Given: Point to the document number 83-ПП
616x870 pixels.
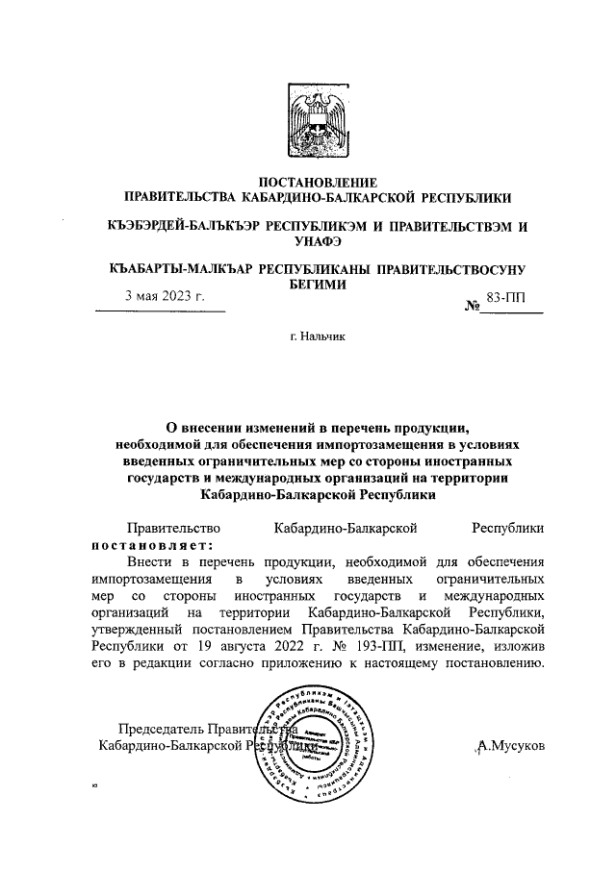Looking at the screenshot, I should tap(507, 298).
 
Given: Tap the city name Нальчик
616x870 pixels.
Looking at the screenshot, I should tap(324, 337).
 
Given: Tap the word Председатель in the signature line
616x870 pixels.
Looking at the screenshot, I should tap(159, 728).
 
